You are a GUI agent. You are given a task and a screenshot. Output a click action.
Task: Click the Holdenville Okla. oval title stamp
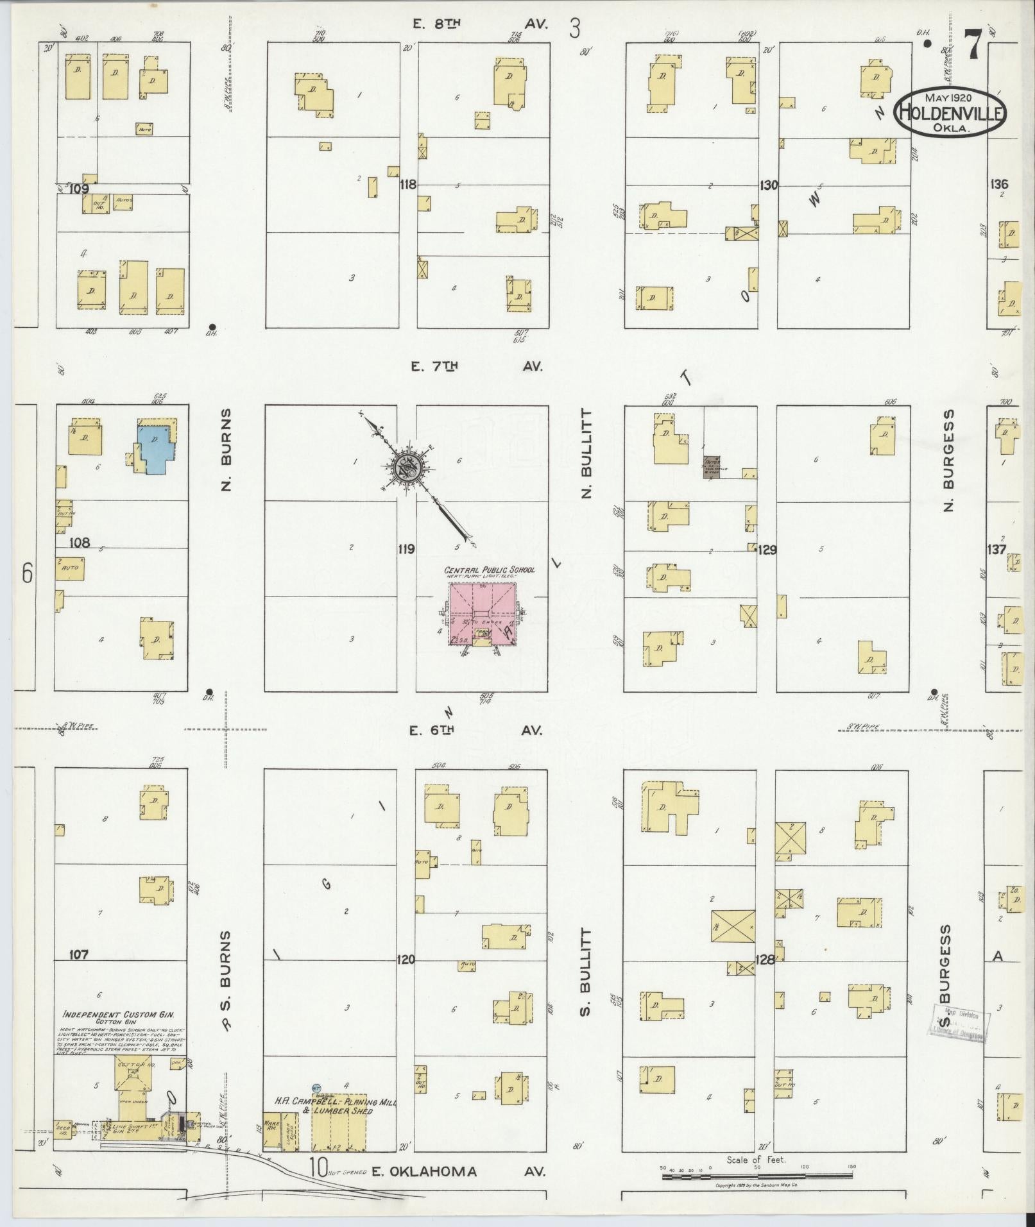tap(951, 112)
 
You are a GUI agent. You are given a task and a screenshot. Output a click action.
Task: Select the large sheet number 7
tap(972, 46)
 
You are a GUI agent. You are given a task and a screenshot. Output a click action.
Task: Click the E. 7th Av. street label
tap(477, 366)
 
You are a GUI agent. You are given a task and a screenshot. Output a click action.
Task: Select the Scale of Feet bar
tap(758, 1175)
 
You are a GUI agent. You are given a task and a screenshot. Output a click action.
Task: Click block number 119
tap(406, 549)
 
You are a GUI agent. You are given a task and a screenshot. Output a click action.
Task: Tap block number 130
tap(768, 185)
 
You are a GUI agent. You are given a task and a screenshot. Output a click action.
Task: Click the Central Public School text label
tap(490, 570)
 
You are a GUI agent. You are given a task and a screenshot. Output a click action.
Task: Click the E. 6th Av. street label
tap(477, 730)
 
